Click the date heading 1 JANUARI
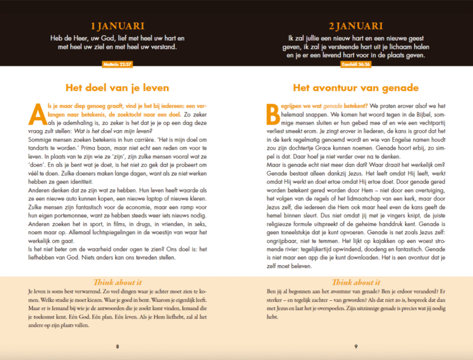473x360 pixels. pyautogui.click(x=117, y=27)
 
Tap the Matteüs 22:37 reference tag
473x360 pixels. pyautogui.click(x=117, y=63)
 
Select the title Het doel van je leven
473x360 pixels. pyautogui.click(x=117, y=88)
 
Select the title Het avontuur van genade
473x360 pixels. pyautogui.click(x=355, y=88)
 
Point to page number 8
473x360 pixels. pyautogui.click(x=117, y=346)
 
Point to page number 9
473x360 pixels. pyautogui.click(x=355, y=346)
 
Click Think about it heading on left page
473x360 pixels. pyautogui.click(x=117, y=281)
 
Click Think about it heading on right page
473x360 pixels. pyautogui.click(x=355, y=281)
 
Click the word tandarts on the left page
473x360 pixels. pyautogui.click(x=42, y=149)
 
